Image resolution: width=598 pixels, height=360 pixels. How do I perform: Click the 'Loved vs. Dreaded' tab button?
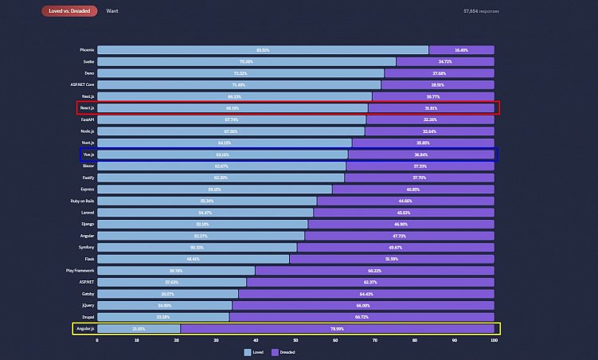click(x=70, y=11)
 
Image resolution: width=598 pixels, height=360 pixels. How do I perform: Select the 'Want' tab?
click(x=112, y=11)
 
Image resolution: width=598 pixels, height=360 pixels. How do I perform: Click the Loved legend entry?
click(x=253, y=351)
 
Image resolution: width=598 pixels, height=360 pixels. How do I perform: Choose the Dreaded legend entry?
click(x=283, y=351)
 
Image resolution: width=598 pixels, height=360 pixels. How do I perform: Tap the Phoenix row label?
click(x=86, y=50)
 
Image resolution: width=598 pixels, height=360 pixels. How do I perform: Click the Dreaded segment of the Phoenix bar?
click(x=461, y=50)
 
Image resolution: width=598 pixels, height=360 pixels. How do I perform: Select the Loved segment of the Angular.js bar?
click(x=139, y=328)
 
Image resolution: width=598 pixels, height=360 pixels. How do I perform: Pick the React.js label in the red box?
click(x=86, y=108)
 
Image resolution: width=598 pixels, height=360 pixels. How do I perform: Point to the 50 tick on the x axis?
click(x=296, y=340)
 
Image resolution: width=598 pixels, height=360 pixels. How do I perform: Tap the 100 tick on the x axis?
click(x=494, y=340)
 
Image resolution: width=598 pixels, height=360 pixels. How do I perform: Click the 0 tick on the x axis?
click(x=97, y=340)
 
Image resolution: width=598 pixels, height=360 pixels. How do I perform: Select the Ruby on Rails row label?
click(x=81, y=201)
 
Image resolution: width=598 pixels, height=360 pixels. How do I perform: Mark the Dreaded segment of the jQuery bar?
click(x=363, y=305)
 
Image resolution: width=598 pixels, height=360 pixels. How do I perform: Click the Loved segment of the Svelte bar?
click(x=246, y=61)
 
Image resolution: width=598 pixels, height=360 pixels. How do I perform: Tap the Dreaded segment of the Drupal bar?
click(x=362, y=316)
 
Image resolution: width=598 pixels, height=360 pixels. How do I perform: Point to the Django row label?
click(x=86, y=224)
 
